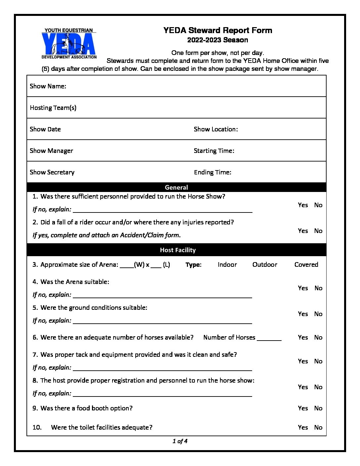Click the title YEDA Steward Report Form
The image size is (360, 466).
(217, 30)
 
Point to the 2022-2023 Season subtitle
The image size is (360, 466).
(217, 40)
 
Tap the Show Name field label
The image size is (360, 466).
(48, 86)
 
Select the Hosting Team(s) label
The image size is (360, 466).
(53, 108)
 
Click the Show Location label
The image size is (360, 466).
(216, 129)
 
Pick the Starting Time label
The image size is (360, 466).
(214, 151)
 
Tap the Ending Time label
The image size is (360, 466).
(212, 172)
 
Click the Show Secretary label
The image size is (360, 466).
(52, 172)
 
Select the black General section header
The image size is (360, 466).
(176, 187)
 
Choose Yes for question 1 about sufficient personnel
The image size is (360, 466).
(303, 205)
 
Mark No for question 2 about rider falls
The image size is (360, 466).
(318, 231)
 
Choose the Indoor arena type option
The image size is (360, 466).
(227, 264)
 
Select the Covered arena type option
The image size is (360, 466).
(306, 264)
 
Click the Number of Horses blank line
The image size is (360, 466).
(269, 339)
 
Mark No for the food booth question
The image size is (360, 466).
(318, 408)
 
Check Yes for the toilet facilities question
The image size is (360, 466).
(303, 427)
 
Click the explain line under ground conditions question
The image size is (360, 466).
(162, 322)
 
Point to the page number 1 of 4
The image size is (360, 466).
(180, 441)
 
